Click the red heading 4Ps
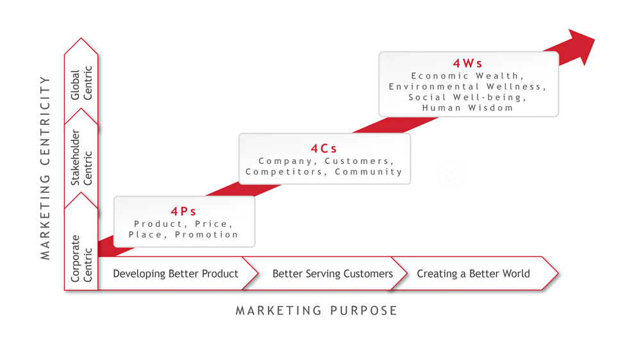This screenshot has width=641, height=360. (183, 211)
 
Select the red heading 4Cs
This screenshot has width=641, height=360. (324, 149)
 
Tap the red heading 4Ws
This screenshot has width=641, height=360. (468, 63)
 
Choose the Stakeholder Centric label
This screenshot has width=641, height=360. (81, 158)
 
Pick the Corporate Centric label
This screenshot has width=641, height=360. (81, 259)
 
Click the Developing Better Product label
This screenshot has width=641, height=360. (176, 274)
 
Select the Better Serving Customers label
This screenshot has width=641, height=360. (332, 274)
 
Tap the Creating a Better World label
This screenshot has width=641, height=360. (474, 274)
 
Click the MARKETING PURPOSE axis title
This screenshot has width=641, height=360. (317, 311)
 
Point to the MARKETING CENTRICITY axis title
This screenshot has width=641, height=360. (45, 168)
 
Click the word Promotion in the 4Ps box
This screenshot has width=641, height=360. (206, 234)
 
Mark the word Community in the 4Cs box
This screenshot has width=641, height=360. (369, 172)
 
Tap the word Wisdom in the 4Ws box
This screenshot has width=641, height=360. (490, 108)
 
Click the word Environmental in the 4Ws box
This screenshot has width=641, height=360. (434, 86)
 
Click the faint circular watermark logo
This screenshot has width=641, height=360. (451, 176)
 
